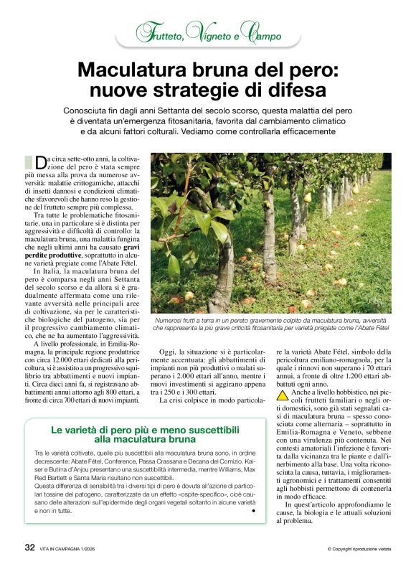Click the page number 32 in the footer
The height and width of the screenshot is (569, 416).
pos(29,547)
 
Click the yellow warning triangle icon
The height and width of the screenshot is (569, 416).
pos(283,393)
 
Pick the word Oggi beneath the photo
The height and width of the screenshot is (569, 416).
pos(169,352)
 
